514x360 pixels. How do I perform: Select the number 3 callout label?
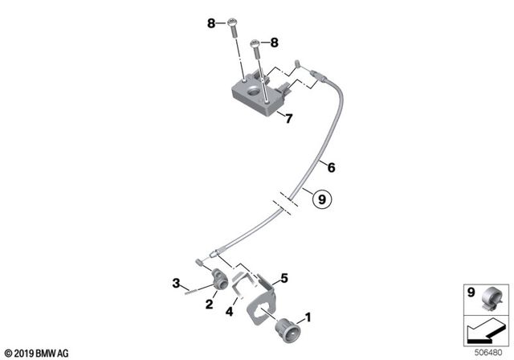click(x=174, y=282)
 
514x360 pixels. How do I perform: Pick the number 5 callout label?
click(x=283, y=279)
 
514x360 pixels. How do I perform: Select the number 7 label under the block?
click(x=289, y=119)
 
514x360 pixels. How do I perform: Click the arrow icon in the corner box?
click(x=485, y=329)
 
